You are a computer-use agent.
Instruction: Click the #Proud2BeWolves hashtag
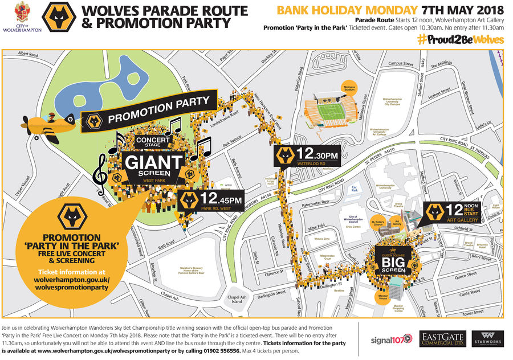click(x=460, y=39)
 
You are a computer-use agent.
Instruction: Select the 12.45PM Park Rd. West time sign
click(x=211, y=201)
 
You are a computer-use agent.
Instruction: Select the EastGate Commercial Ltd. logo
click(x=442, y=339)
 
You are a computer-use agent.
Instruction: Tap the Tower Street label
click(x=473, y=312)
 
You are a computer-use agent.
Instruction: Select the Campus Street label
click(x=400, y=64)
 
